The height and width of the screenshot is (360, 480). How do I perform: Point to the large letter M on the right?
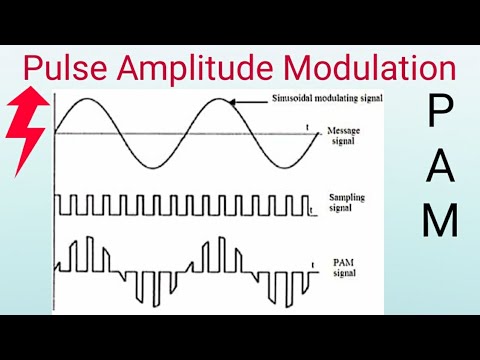coord(439,221)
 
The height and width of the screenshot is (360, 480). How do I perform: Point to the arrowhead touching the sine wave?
coord(233,102)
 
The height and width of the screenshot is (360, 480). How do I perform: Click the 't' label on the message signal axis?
coord(307,127)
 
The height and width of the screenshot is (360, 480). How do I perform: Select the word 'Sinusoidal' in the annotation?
coord(295,100)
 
